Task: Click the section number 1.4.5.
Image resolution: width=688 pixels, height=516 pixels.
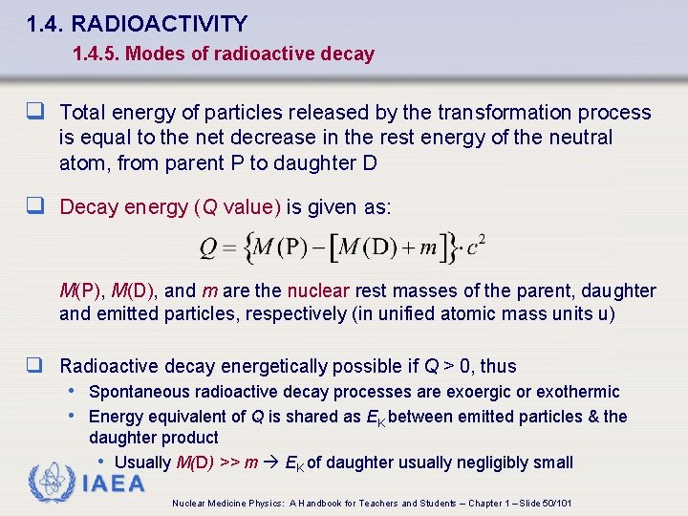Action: [95, 54]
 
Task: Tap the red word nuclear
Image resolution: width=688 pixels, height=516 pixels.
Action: [319, 290]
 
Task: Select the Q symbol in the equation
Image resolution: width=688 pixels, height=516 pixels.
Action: [209, 247]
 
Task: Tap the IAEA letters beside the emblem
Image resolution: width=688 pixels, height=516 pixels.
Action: [114, 484]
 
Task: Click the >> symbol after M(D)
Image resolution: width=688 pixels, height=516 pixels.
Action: [230, 462]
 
